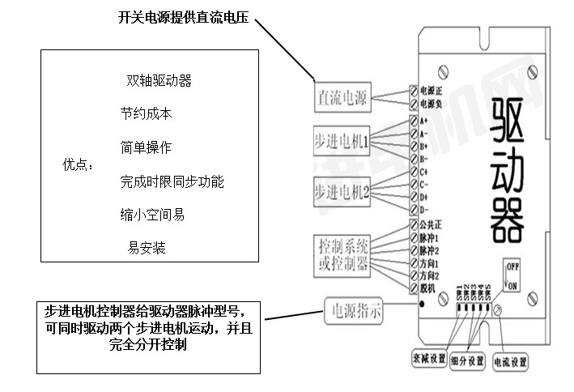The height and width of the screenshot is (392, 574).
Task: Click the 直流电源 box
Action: coord(342,98)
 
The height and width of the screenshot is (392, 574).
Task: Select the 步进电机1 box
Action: coord(342,143)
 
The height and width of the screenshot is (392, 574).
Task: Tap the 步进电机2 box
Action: coord(342,192)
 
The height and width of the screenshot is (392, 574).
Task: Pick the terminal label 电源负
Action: coord(432,104)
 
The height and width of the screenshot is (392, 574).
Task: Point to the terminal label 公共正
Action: coord(431,224)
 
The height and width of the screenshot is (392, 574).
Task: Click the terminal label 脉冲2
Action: coord(429,250)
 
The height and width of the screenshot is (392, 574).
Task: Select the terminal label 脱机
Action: coord(427,289)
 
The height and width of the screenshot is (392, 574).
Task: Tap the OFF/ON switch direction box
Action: coord(512,275)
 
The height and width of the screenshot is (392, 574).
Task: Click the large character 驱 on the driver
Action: coord(502,118)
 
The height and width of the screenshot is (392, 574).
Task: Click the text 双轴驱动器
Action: coord(159,81)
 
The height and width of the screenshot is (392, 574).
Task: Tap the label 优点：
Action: coord(78,165)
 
